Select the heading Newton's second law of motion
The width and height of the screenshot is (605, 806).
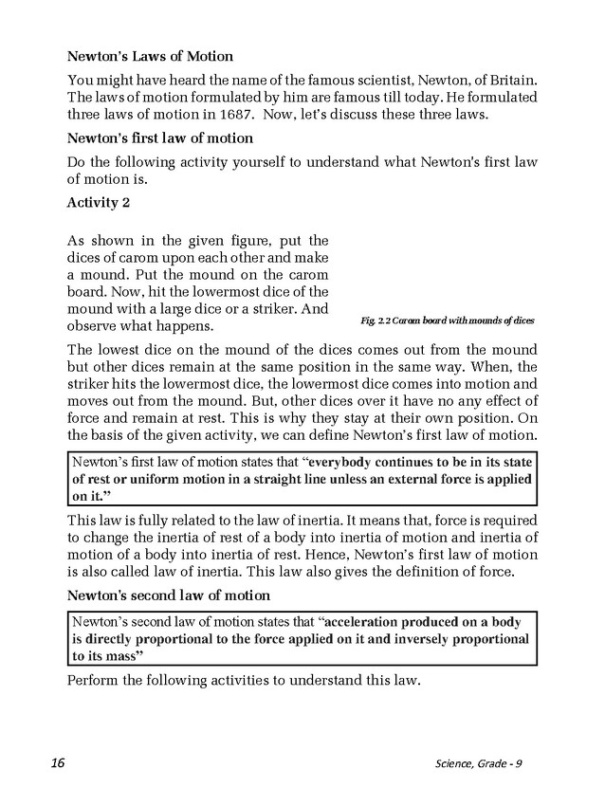tap(169, 595)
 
